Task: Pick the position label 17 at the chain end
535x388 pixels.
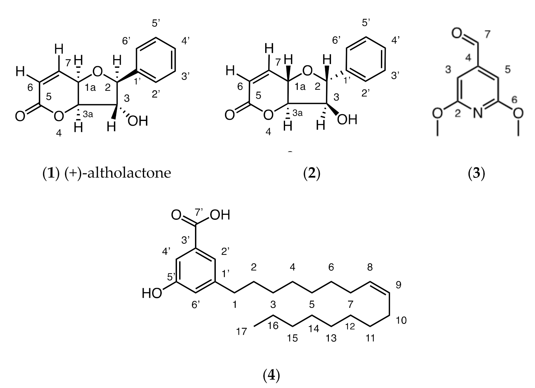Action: pyautogui.click(x=241, y=332)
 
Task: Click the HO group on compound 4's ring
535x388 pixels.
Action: pyautogui.click(x=152, y=293)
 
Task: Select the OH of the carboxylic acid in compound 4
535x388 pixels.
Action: pyautogui.click(x=220, y=215)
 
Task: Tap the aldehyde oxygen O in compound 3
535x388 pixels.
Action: pyautogui.click(x=458, y=34)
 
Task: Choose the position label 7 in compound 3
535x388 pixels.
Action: pyautogui.click(x=487, y=35)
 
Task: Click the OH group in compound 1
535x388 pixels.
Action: pyautogui.click(x=138, y=121)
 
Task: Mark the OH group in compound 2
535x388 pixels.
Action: pyautogui.click(x=347, y=120)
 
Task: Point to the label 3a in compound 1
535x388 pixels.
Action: pyautogui.click(x=88, y=114)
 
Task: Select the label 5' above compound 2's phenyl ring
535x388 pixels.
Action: pyautogui.click(x=366, y=23)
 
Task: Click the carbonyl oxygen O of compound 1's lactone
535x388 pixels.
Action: pyautogui.click(x=20, y=117)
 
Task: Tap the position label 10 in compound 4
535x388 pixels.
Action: pyautogui.click(x=401, y=320)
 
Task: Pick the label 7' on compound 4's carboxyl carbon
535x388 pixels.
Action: pyautogui.click(x=199, y=212)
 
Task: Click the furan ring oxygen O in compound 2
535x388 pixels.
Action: pyautogui.click(x=307, y=71)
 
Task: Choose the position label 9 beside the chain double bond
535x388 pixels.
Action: pyautogui.click(x=398, y=284)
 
